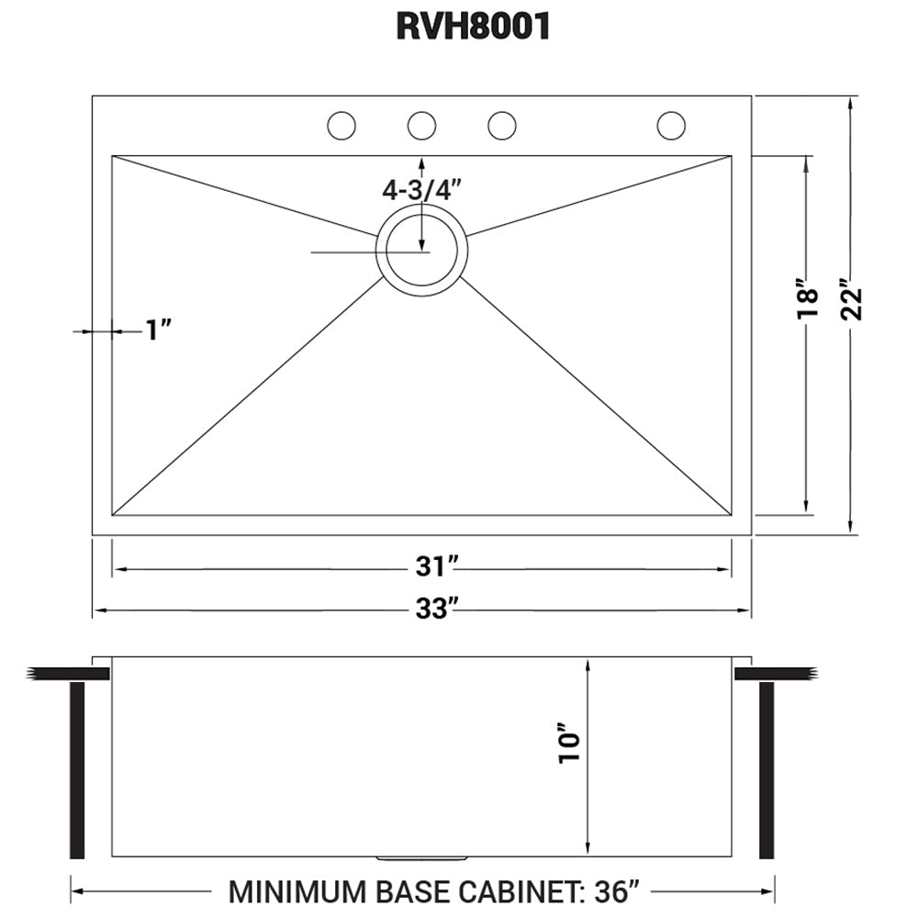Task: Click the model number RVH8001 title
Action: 473,28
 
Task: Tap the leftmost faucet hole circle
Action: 341,126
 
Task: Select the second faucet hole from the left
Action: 421,126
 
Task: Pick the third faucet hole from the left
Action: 502,126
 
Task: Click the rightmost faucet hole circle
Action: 671,126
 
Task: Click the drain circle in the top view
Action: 422,251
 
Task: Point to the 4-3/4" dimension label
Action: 421,190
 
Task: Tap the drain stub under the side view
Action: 421,859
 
